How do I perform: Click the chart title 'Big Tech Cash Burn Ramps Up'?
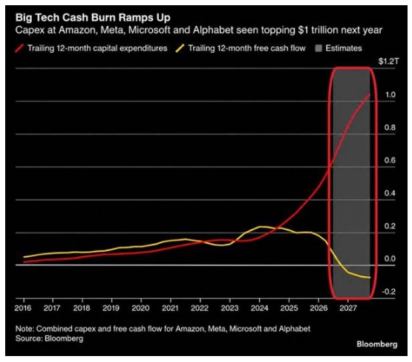click(93, 18)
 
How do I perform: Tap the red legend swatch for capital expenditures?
click(19, 48)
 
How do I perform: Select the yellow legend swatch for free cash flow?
click(180, 48)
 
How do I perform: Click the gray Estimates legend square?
click(318, 48)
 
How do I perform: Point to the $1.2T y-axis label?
click(388, 62)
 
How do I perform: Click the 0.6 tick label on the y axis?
click(390, 161)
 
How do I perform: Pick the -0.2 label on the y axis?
click(388, 291)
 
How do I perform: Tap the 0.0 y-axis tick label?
click(390, 259)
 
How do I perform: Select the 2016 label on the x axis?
click(23, 308)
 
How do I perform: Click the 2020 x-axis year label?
click(140, 308)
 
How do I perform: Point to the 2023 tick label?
click(229, 308)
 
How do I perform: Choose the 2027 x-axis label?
click(348, 308)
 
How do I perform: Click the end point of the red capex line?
click(370, 94)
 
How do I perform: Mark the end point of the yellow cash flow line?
click(370, 277)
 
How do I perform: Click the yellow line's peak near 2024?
click(261, 227)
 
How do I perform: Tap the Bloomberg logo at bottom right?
click(377, 344)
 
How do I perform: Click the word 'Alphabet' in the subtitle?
click(213, 30)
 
